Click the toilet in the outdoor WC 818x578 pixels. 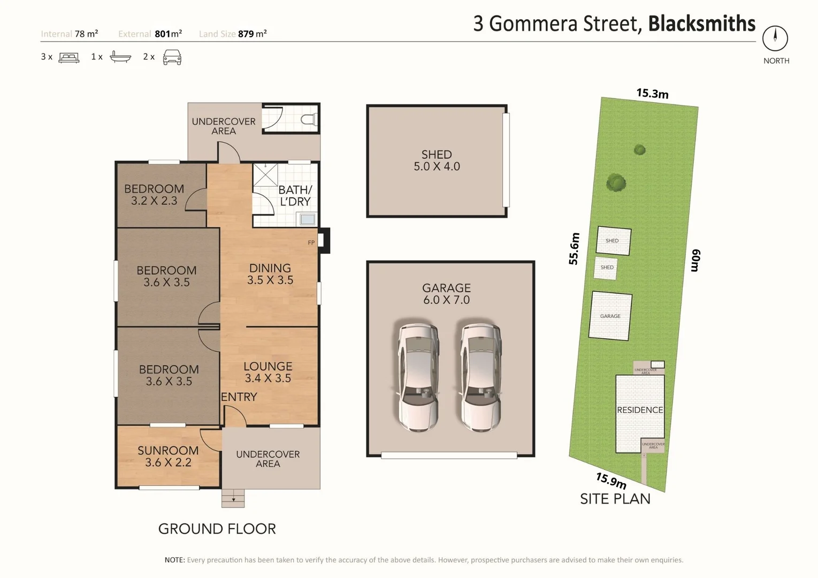pos(309,119)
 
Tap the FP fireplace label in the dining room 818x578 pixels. pos(311,243)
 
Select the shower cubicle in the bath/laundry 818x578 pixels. pos(265,175)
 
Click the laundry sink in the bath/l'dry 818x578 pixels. pos(308,219)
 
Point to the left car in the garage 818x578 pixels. pos(418,375)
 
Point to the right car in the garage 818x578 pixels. pos(481,375)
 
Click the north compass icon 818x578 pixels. pos(775,39)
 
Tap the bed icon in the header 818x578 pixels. pos(68,57)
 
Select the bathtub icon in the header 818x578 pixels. pos(120,57)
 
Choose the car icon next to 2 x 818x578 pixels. pos(172,57)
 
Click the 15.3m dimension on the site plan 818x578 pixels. pos(652,94)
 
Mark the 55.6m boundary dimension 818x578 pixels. pos(574,249)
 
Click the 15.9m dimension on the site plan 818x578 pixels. pos(611,481)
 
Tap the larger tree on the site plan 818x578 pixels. pos(616,183)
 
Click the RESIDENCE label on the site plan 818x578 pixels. pos(640,410)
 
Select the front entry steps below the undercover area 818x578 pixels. pos(233,498)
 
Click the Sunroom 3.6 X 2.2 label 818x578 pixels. pos(168,457)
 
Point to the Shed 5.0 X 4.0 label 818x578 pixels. pos(437,161)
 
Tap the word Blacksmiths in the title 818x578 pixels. pos(701,24)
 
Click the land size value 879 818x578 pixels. pos(246,34)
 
